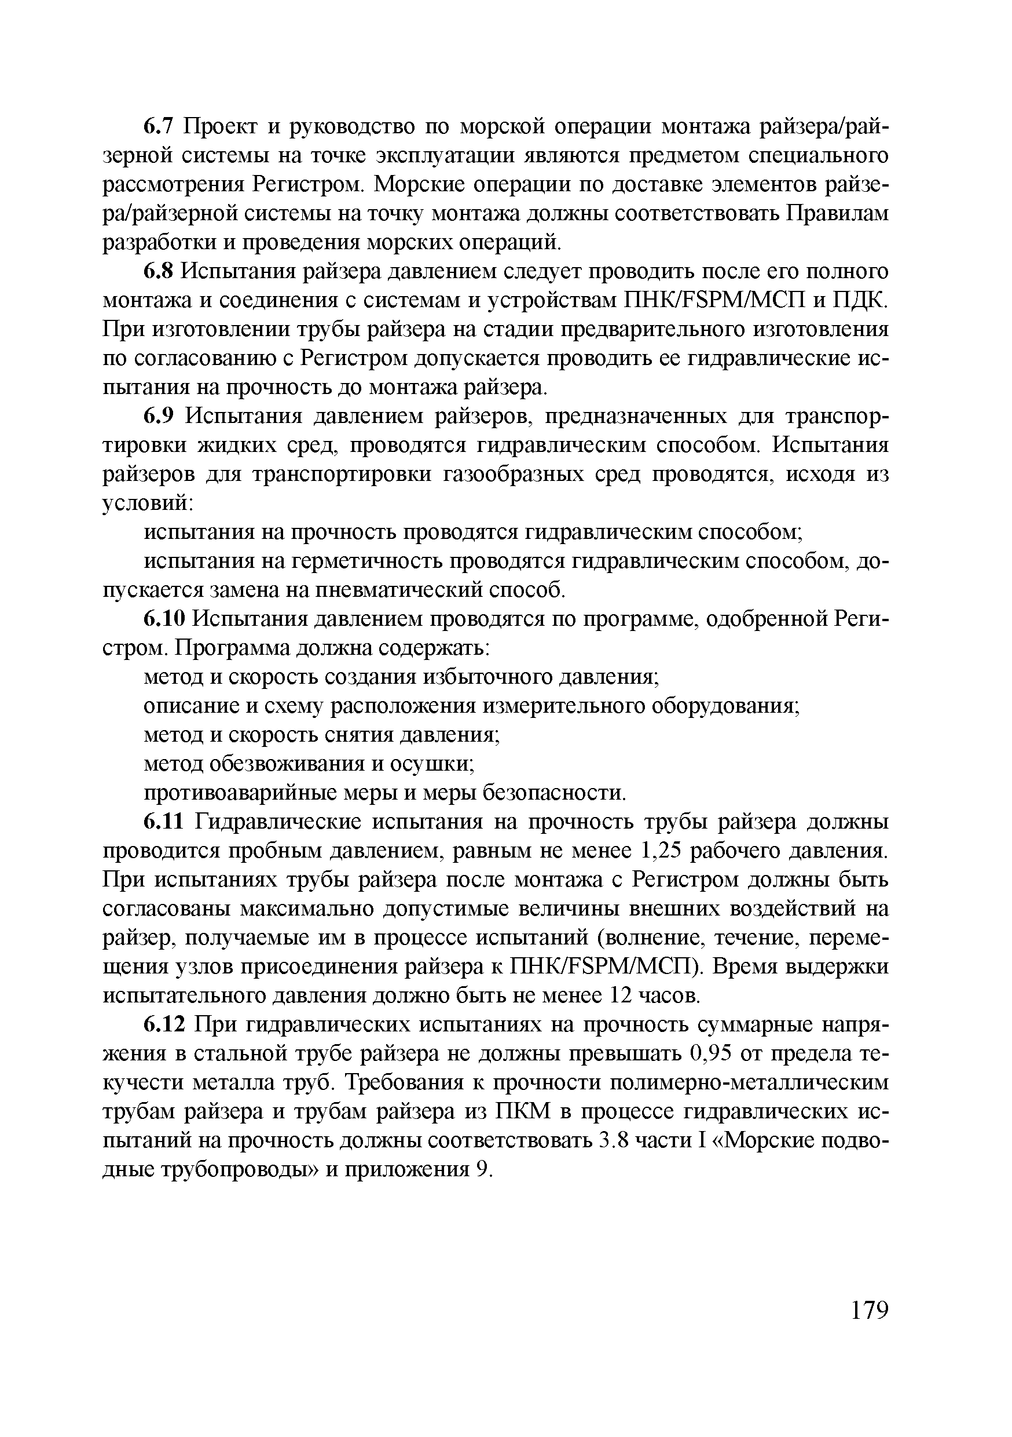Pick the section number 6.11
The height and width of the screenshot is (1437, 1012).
click(x=164, y=821)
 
